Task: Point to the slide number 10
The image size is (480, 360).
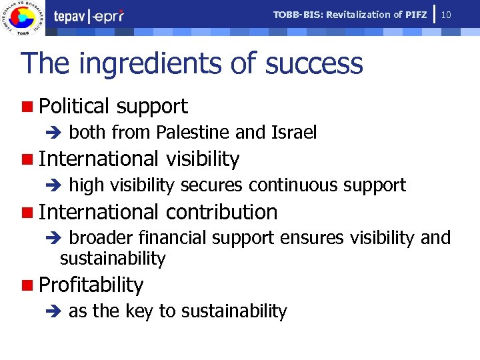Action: (x=447, y=15)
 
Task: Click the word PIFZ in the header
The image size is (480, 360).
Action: (x=416, y=15)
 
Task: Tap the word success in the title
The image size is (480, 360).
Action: (x=314, y=64)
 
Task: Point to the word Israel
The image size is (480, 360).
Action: (x=294, y=133)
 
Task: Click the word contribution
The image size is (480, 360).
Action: (x=221, y=212)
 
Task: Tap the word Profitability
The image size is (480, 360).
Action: (x=91, y=285)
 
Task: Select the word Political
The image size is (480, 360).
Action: (x=74, y=106)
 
